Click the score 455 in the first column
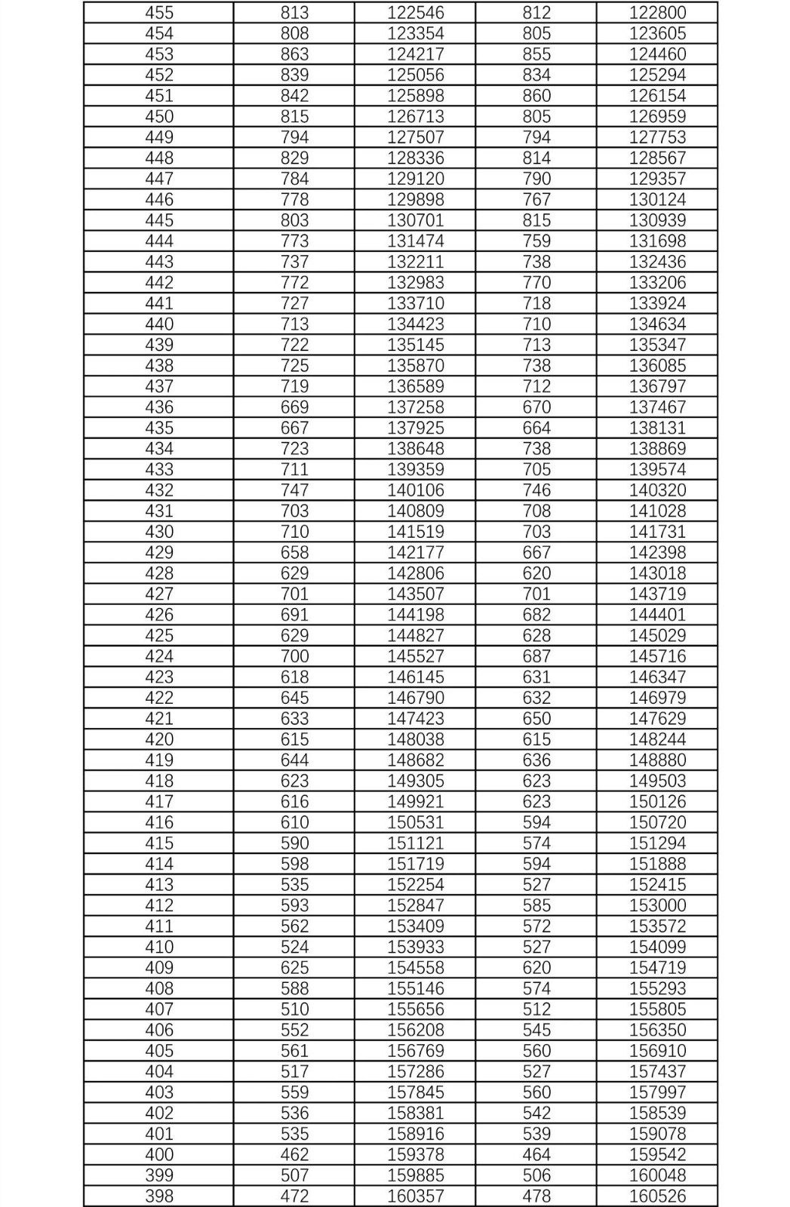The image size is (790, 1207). click(x=159, y=13)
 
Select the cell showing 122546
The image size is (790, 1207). click(x=416, y=13)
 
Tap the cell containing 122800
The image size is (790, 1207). click(x=657, y=13)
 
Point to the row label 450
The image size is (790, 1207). click(x=159, y=116)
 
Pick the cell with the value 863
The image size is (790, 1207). click(x=294, y=54)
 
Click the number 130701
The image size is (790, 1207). click(x=416, y=220)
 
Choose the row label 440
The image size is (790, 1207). click(x=159, y=324)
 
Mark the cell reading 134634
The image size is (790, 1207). click(x=657, y=324)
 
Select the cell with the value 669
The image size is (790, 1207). click(x=294, y=407)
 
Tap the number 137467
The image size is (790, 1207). click(x=657, y=407)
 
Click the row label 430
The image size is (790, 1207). click(x=159, y=531)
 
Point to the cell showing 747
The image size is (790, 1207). click(x=294, y=490)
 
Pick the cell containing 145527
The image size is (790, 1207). click(x=416, y=656)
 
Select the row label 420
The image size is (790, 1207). click(x=159, y=739)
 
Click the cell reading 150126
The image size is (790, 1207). click(x=657, y=801)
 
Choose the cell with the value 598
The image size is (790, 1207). click(x=294, y=864)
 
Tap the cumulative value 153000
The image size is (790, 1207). click(x=657, y=905)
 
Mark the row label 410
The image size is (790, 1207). click(x=159, y=947)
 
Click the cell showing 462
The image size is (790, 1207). click(x=294, y=1154)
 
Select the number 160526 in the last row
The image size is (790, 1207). click(x=657, y=1196)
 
